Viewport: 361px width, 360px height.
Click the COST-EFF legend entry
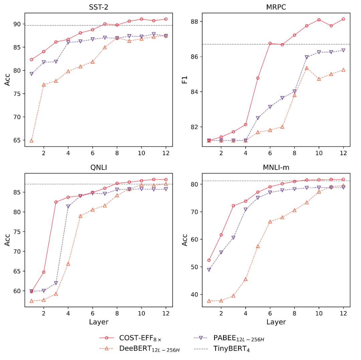140,338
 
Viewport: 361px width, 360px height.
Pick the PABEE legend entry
239,338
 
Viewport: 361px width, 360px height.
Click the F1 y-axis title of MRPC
185,80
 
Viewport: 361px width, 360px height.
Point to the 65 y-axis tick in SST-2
17,140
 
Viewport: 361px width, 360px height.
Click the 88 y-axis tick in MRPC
195,22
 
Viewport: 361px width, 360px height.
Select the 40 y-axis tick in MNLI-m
195,294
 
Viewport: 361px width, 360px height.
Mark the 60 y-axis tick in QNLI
17,291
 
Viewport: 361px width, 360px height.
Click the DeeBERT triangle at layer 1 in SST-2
31,140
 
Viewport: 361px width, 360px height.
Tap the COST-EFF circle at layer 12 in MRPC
343,19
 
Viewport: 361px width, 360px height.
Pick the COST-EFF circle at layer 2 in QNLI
43,272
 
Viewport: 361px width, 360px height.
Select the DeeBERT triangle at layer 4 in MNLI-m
246,279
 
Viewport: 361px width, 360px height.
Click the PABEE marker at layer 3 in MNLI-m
233,238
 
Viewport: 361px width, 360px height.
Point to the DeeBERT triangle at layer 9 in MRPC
307,68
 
